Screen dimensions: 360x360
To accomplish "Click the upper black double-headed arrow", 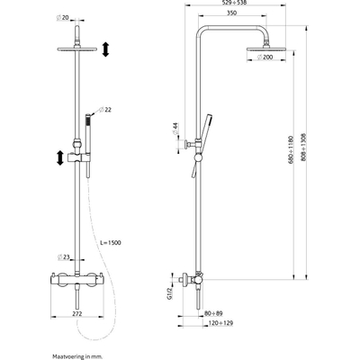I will [x=104, y=50].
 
